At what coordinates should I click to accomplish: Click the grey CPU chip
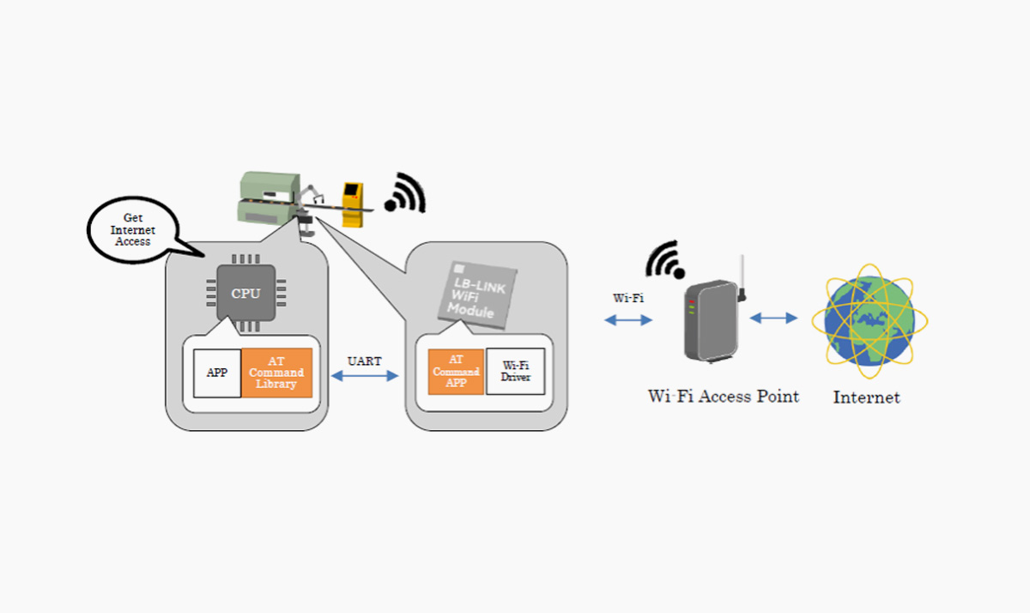click(245, 293)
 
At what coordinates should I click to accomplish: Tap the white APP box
click(217, 373)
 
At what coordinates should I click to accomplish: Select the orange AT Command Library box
click(276, 373)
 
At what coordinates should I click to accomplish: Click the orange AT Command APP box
click(456, 372)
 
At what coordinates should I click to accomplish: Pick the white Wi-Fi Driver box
click(516, 372)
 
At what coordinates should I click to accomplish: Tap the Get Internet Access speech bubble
click(131, 229)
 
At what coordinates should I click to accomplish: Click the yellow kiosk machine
click(352, 203)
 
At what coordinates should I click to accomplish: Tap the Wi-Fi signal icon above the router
click(666, 259)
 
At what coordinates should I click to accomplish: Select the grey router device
click(707, 322)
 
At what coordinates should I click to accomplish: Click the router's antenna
click(742, 276)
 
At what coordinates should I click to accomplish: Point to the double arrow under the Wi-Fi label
click(627, 319)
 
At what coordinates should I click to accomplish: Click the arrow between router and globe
click(773, 318)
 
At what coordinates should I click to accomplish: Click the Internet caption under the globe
click(866, 398)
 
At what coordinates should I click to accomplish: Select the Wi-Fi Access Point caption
click(724, 397)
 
